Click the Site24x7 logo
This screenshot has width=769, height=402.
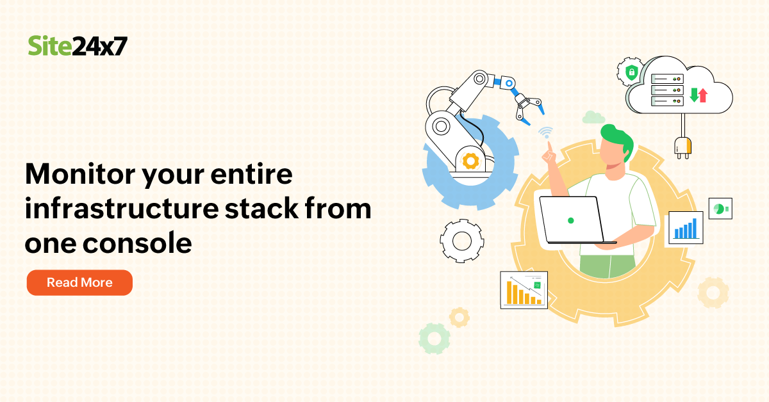(78, 46)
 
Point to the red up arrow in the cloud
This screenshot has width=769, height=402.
(703, 95)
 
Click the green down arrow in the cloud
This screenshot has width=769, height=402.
(693, 95)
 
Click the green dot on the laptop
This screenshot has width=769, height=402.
(570, 220)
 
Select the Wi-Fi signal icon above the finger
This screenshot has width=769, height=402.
(545, 133)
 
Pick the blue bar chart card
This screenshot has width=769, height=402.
(685, 228)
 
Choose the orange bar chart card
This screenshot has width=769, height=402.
(524, 290)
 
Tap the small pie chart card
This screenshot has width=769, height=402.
(720, 209)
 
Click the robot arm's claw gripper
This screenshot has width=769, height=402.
(528, 106)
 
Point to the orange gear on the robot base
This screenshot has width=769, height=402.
(471, 161)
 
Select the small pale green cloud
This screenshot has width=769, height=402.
(594, 117)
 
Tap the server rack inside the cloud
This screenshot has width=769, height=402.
(667, 90)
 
